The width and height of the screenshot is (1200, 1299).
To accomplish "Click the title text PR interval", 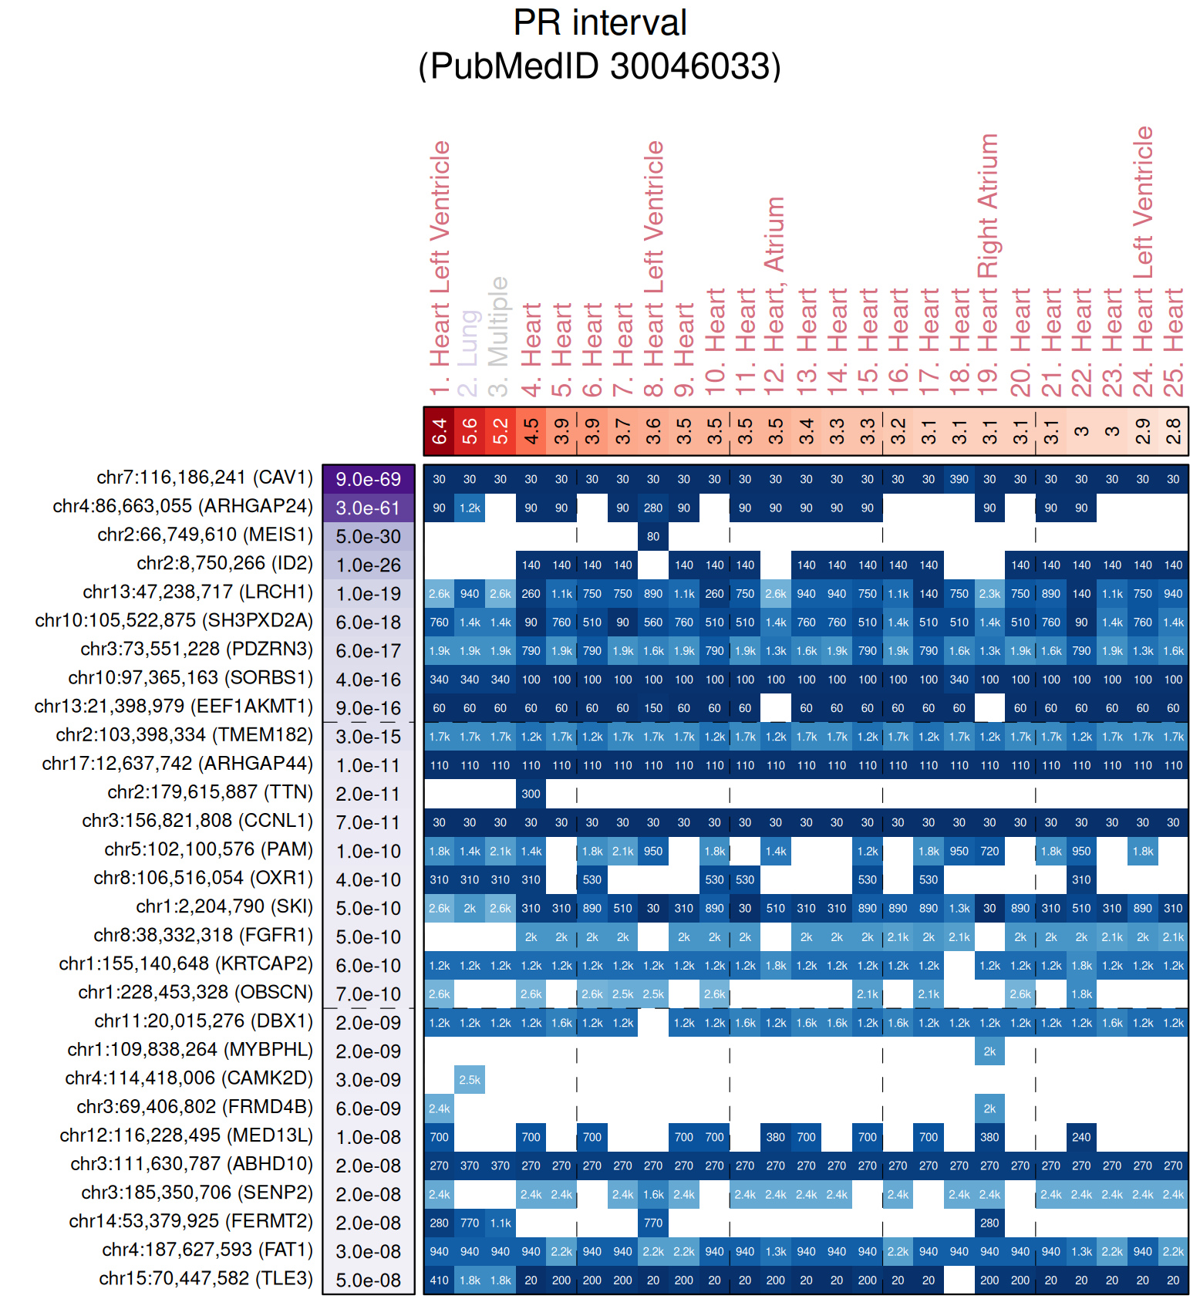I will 599,23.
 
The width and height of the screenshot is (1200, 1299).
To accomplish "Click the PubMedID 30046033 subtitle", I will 599,66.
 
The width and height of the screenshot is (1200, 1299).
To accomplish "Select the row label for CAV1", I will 204,477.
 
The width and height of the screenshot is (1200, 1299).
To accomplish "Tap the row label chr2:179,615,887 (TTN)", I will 210,792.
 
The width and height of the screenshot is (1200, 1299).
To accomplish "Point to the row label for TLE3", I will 206,1278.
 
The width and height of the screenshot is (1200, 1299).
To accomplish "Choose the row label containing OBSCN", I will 195,992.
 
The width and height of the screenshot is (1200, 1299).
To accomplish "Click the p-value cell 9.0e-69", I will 369,479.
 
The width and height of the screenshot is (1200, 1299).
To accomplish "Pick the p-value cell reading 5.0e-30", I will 369,536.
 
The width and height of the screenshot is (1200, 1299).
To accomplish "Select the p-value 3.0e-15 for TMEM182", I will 369,737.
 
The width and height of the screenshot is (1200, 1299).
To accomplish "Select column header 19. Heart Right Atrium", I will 989,265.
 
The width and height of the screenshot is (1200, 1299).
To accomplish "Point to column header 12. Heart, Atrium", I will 774,296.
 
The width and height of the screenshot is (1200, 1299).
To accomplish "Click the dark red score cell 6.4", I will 439,431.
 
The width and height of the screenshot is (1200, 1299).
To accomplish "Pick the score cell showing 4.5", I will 531,431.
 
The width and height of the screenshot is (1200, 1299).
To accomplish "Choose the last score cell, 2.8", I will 1173,431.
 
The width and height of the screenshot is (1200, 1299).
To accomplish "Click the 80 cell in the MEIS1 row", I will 653,536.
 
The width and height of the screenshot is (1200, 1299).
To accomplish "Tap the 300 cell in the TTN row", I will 531,794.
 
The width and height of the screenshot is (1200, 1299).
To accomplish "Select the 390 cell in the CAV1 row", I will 959,479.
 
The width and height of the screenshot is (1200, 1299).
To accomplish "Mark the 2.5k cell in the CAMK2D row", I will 470,1080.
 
